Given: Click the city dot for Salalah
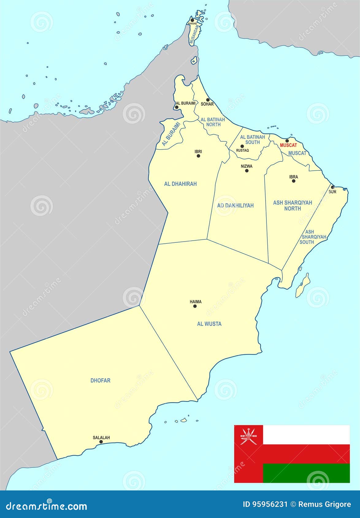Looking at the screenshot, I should tap(101, 442).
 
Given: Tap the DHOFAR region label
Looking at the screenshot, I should tap(100, 380).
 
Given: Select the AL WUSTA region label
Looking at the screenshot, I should tap(209, 324).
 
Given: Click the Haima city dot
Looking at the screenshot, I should tap(195, 306).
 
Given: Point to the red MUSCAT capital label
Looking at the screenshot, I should tap(288, 145).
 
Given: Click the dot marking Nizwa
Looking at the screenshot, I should tap(247, 170).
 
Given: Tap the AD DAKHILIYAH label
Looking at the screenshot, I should tap(235, 205).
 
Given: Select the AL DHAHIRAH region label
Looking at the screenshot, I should tap(180, 184).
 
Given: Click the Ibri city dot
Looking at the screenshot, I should tap(198, 156).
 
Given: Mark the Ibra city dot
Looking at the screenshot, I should tap(293, 181).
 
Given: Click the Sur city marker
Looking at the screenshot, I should tap(333, 187).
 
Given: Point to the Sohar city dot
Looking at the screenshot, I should tap(208, 100).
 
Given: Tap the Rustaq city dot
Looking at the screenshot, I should tap(242, 146).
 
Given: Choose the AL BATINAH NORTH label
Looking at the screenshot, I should tap(213, 122).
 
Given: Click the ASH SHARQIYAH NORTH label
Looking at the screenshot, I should tap(293, 205).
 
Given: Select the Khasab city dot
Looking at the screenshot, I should tap(192, 20).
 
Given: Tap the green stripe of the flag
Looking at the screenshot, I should tap(306, 473).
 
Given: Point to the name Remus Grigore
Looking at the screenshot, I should tap(325, 504).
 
